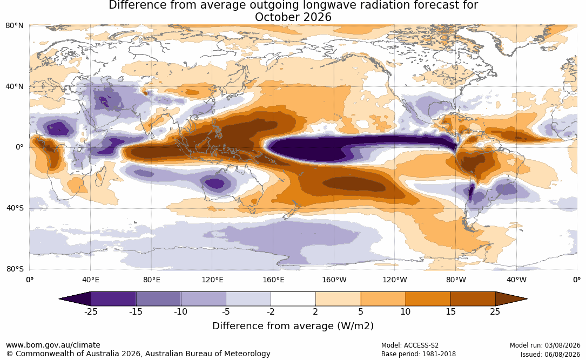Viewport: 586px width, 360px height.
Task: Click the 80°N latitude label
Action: point(14,26)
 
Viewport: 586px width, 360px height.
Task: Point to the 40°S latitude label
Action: point(15,208)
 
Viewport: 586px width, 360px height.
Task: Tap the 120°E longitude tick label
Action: point(212,280)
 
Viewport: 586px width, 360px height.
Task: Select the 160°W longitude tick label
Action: point(334,280)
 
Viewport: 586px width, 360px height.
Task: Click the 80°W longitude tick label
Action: point(456,280)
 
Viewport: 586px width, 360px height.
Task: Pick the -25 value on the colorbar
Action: point(91,312)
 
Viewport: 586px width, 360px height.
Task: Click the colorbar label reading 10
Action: point(406,312)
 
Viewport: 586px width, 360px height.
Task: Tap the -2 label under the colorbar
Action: point(271,312)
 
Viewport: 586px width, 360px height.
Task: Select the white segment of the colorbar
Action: point(293,299)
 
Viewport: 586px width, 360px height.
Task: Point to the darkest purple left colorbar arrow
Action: point(75,299)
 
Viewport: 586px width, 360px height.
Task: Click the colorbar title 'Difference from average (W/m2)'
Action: point(293,326)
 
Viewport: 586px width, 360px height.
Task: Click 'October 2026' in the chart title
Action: point(293,17)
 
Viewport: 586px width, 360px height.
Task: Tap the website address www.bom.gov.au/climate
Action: point(53,345)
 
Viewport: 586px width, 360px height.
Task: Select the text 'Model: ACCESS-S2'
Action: point(410,345)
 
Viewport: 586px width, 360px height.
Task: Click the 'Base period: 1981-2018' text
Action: point(419,354)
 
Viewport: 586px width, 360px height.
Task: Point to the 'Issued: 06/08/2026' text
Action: point(550,354)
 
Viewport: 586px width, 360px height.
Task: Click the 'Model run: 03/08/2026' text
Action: point(545,345)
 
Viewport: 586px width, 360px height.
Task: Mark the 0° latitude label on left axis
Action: point(19,147)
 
